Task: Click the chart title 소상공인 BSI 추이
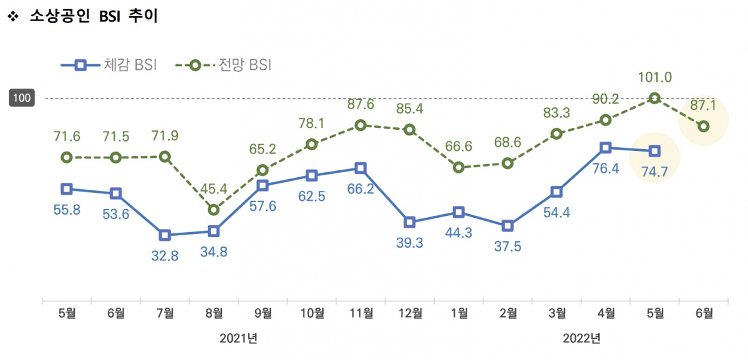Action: click(94, 17)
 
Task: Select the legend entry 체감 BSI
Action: click(109, 65)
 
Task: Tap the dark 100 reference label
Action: click(21, 98)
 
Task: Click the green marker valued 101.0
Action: click(654, 98)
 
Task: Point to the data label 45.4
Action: click(214, 188)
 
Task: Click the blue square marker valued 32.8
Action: click(165, 235)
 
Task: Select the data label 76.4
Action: click(605, 168)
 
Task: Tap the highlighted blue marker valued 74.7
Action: click(654, 151)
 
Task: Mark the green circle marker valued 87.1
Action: click(704, 126)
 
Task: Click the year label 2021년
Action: click(238, 339)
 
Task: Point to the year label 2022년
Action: click(581, 339)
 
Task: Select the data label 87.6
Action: click(361, 105)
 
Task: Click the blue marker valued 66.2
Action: click(361, 168)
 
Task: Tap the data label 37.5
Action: click(508, 246)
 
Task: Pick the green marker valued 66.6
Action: click(459, 167)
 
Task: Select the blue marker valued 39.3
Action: click(410, 222)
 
